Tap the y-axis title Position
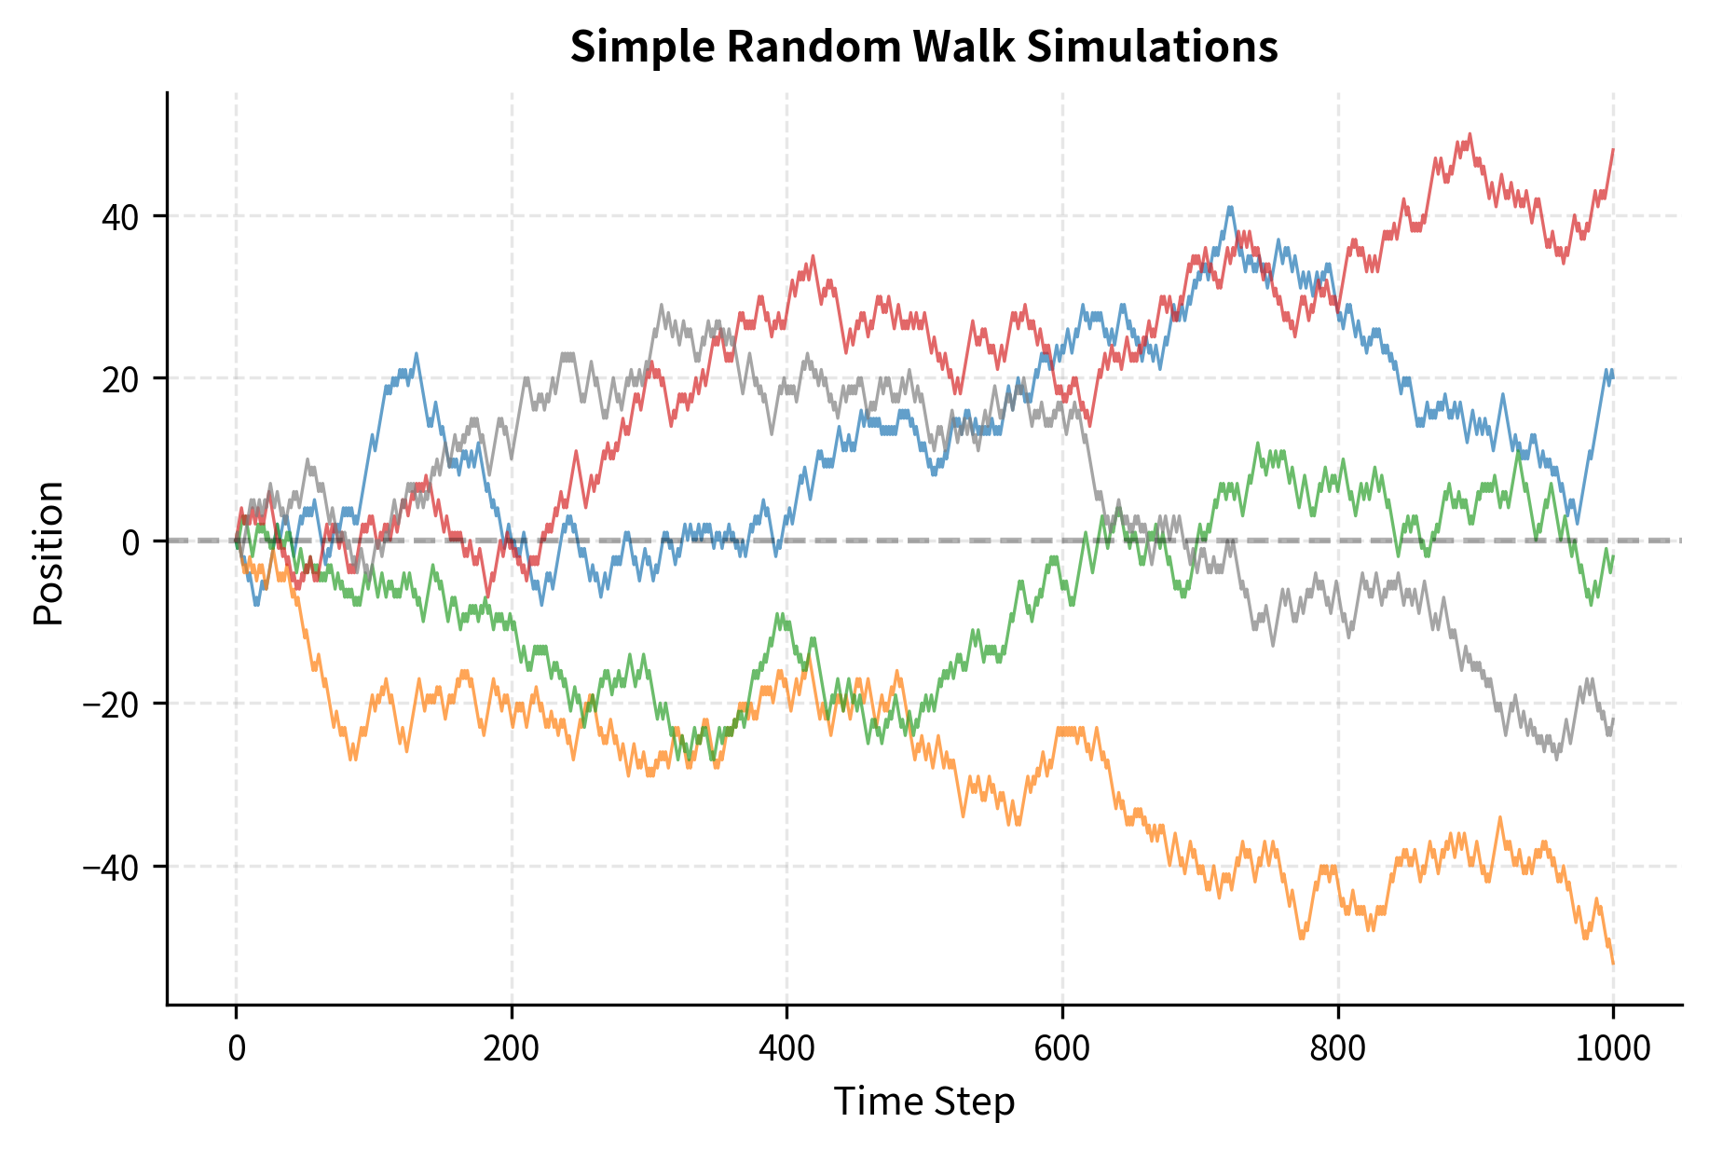[x=48, y=553]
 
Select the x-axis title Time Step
[x=923, y=1102]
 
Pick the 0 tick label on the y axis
[x=131, y=541]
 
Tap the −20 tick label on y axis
[x=110, y=704]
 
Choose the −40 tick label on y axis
[x=110, y=867]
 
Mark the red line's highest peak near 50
[x=1470, y=135]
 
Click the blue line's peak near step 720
[x=1230, y=208]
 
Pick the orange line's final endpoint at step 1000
[x=1613, y=963]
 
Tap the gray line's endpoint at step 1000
[x=1613, y=719]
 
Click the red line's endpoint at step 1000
[x=1613, y=150]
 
